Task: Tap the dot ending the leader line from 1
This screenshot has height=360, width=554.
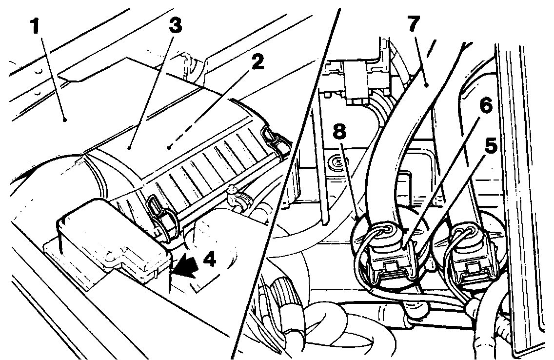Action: coord(64,119)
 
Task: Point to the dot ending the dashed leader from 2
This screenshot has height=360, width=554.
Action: coord(169,145)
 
